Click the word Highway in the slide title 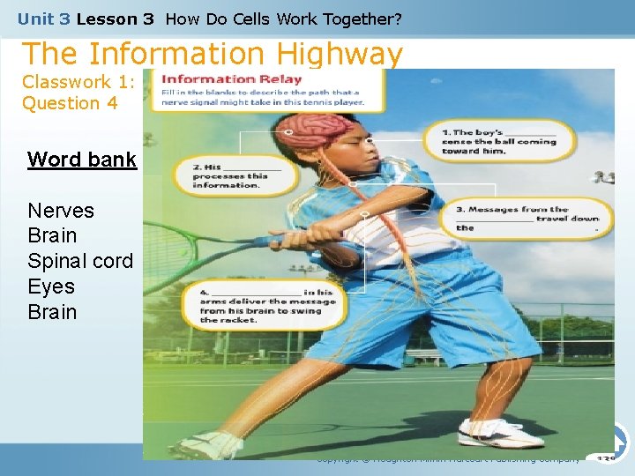[339, 55]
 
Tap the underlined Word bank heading [82, 160]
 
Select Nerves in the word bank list [61, 211]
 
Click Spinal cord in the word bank [80, 262]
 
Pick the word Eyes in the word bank [51, 287]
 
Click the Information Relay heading [232, 79]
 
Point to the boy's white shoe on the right [500, 433]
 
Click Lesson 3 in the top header [115, 19]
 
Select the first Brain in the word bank [52, 236]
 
